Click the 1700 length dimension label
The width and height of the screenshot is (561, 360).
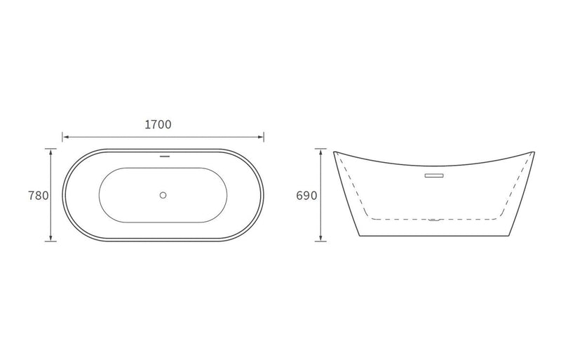click(x=158, y=124)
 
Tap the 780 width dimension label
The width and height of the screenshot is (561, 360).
click(x=39, y=196)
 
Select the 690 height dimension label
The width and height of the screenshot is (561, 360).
click(x=306, y=196)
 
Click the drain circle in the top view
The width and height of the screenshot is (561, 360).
click(x=163, y=195)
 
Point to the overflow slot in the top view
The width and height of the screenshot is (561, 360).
click(x=165, y=156)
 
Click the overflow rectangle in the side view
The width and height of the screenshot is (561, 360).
click(x=434, y=175)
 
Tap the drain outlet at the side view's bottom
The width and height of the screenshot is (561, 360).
click(x=434, y=220)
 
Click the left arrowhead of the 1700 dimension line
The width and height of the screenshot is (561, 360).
click(x=65, y=137)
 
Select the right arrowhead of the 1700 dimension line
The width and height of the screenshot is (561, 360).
click(x=260, y=137)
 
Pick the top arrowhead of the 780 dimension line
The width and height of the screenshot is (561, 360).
click(x=50, y=152)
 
